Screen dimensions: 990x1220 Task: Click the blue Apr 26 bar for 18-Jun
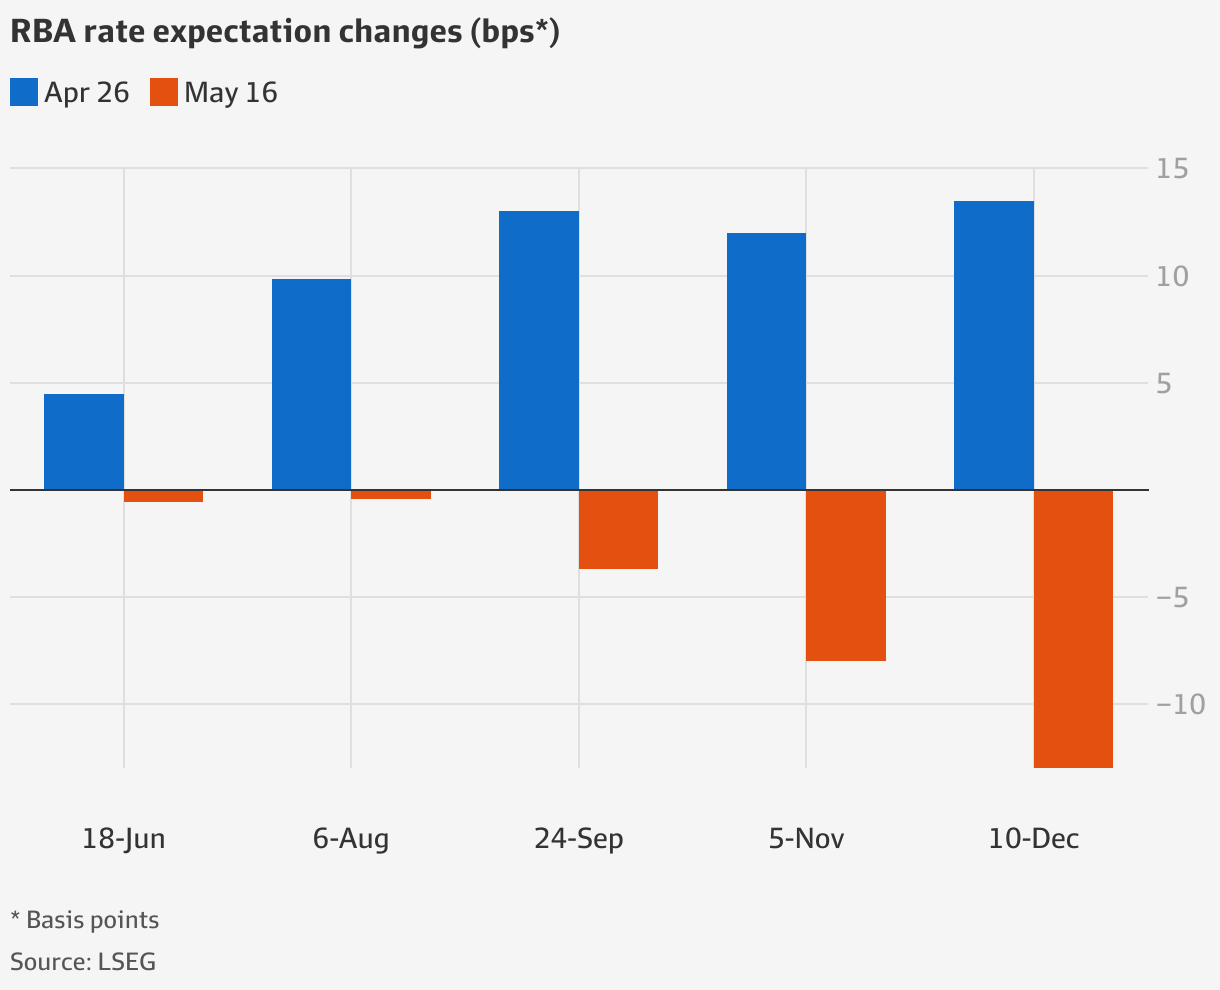[84, 442]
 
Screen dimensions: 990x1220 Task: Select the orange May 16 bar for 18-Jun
[164, 496]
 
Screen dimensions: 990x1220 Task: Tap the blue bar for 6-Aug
[311, 384]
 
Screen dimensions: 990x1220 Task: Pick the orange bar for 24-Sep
[618, 529]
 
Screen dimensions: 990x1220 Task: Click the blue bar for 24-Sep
[538, 350]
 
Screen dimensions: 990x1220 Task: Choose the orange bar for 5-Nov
[846, 575]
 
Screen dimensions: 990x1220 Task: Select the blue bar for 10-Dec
[993, 345]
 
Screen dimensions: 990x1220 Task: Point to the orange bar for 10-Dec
[1073, 628]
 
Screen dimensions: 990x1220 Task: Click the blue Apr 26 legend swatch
[24, 93]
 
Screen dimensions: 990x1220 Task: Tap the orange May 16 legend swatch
[164, 93]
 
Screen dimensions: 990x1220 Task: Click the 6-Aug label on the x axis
[350, 838]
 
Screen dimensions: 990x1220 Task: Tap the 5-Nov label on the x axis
[806, 838]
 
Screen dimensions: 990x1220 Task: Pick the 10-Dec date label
[1033, 838]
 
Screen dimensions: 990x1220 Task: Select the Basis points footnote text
[92, 919]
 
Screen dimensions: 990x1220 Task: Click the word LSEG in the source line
[126, 962]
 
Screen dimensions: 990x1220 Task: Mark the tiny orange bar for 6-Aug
[391, 494]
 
